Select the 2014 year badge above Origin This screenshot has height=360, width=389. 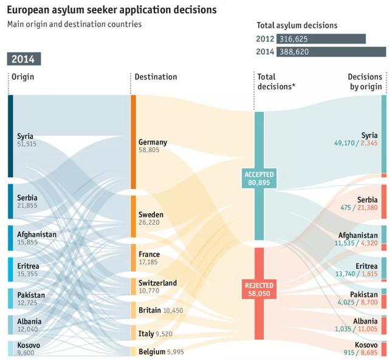[24, 59]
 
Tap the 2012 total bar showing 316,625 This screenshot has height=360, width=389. [321, 39]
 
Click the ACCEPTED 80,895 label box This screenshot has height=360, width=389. [259, 178]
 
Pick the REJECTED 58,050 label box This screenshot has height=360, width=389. [259, 288]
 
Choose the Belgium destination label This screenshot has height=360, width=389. [153, 352]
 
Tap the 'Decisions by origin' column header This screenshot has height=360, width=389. [365, 81]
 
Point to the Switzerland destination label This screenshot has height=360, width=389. [157, 283]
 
